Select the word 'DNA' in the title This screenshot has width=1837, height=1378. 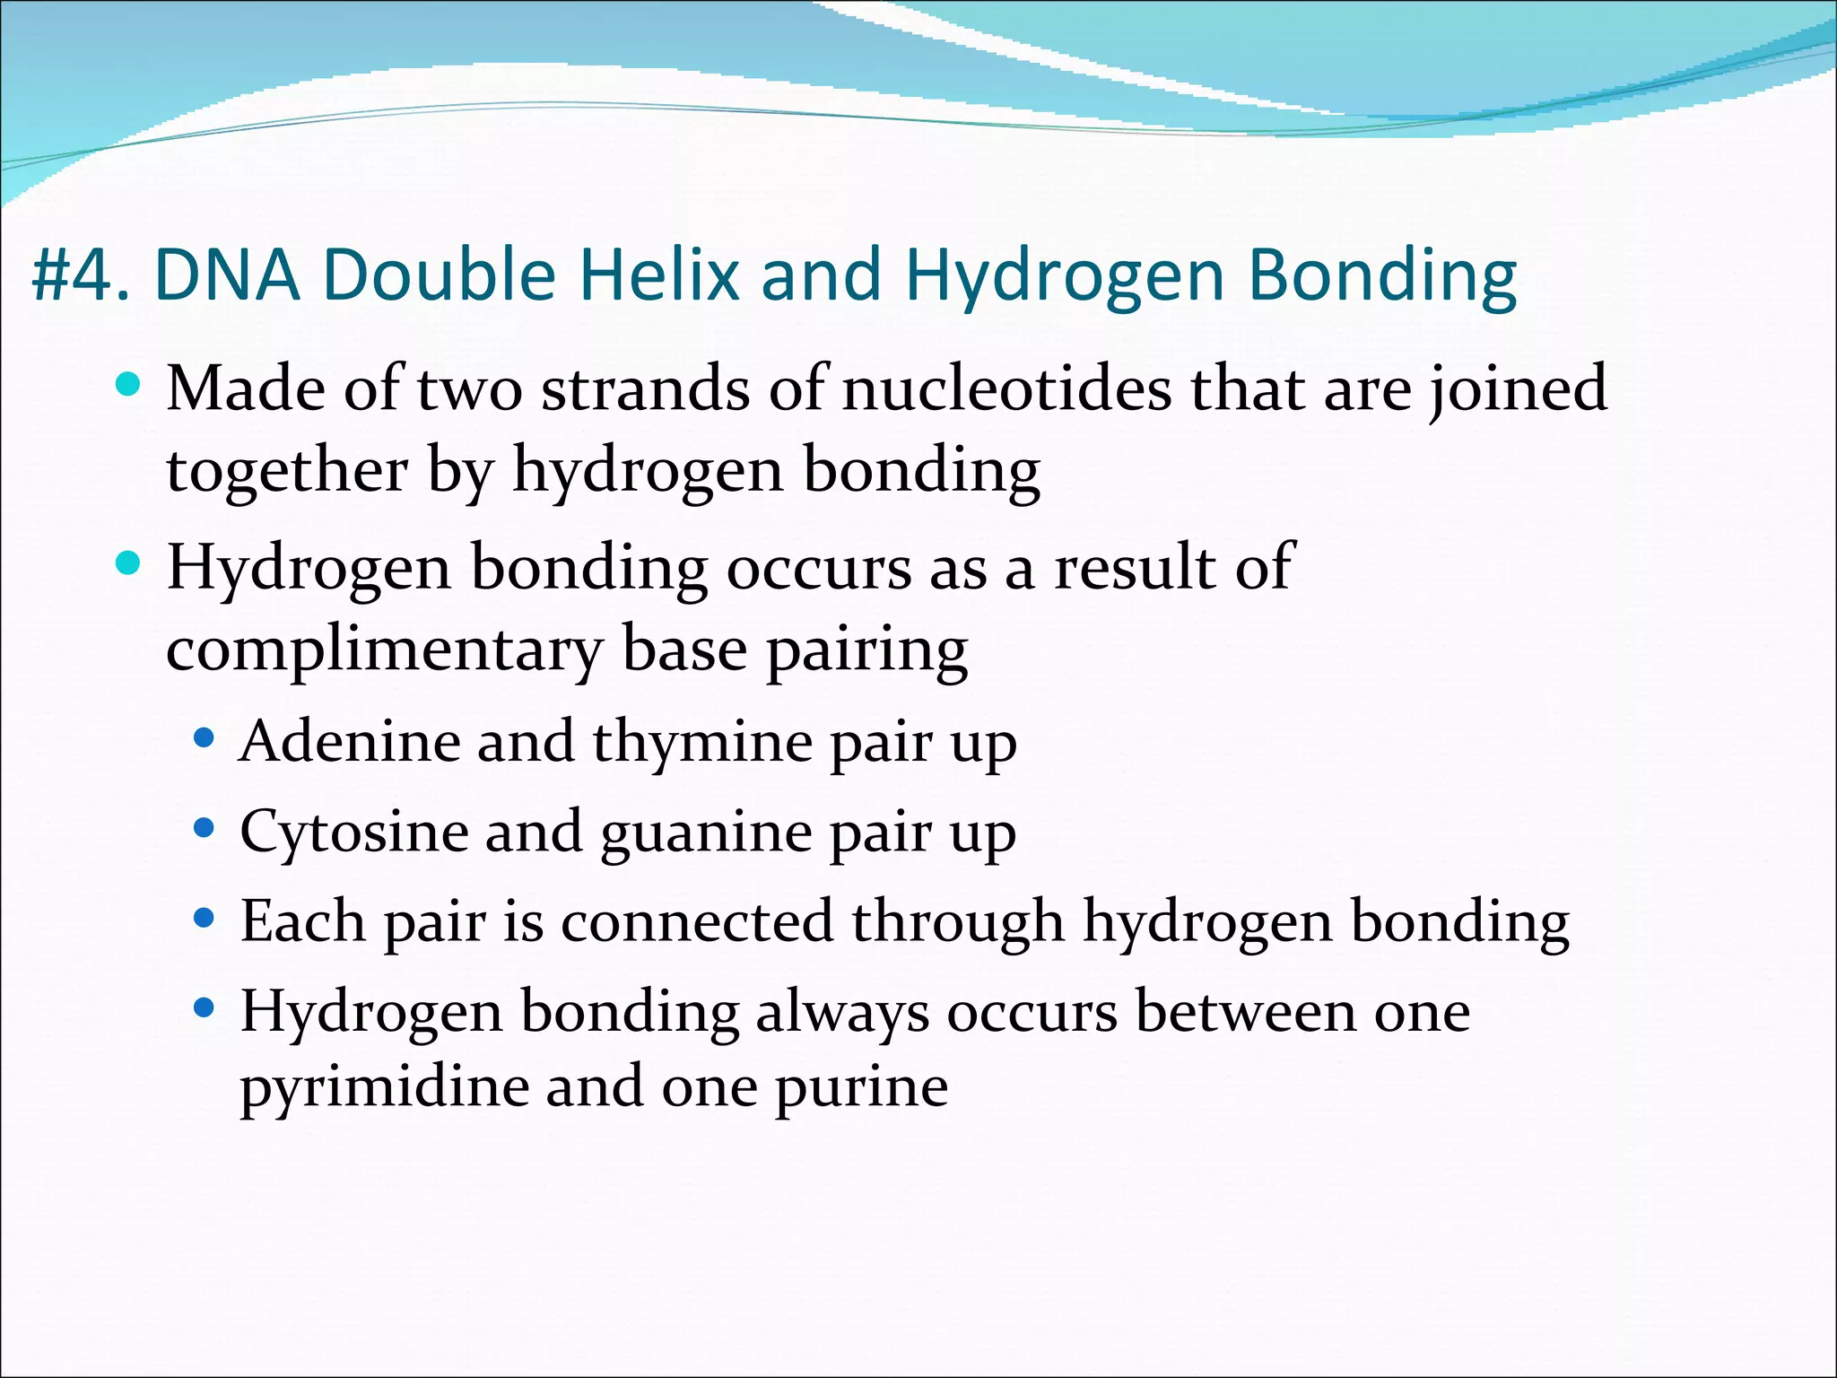(227, 275)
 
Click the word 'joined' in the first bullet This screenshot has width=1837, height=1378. (1519, 390)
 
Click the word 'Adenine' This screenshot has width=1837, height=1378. (349, 741)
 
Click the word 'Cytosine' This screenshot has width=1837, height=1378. (353, 833)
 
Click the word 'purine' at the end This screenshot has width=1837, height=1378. (861, 1089)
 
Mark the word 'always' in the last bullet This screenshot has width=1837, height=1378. (842, 1013)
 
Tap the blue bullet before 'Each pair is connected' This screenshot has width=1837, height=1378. (205, 918)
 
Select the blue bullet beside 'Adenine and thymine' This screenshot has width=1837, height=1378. (205, 738)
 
